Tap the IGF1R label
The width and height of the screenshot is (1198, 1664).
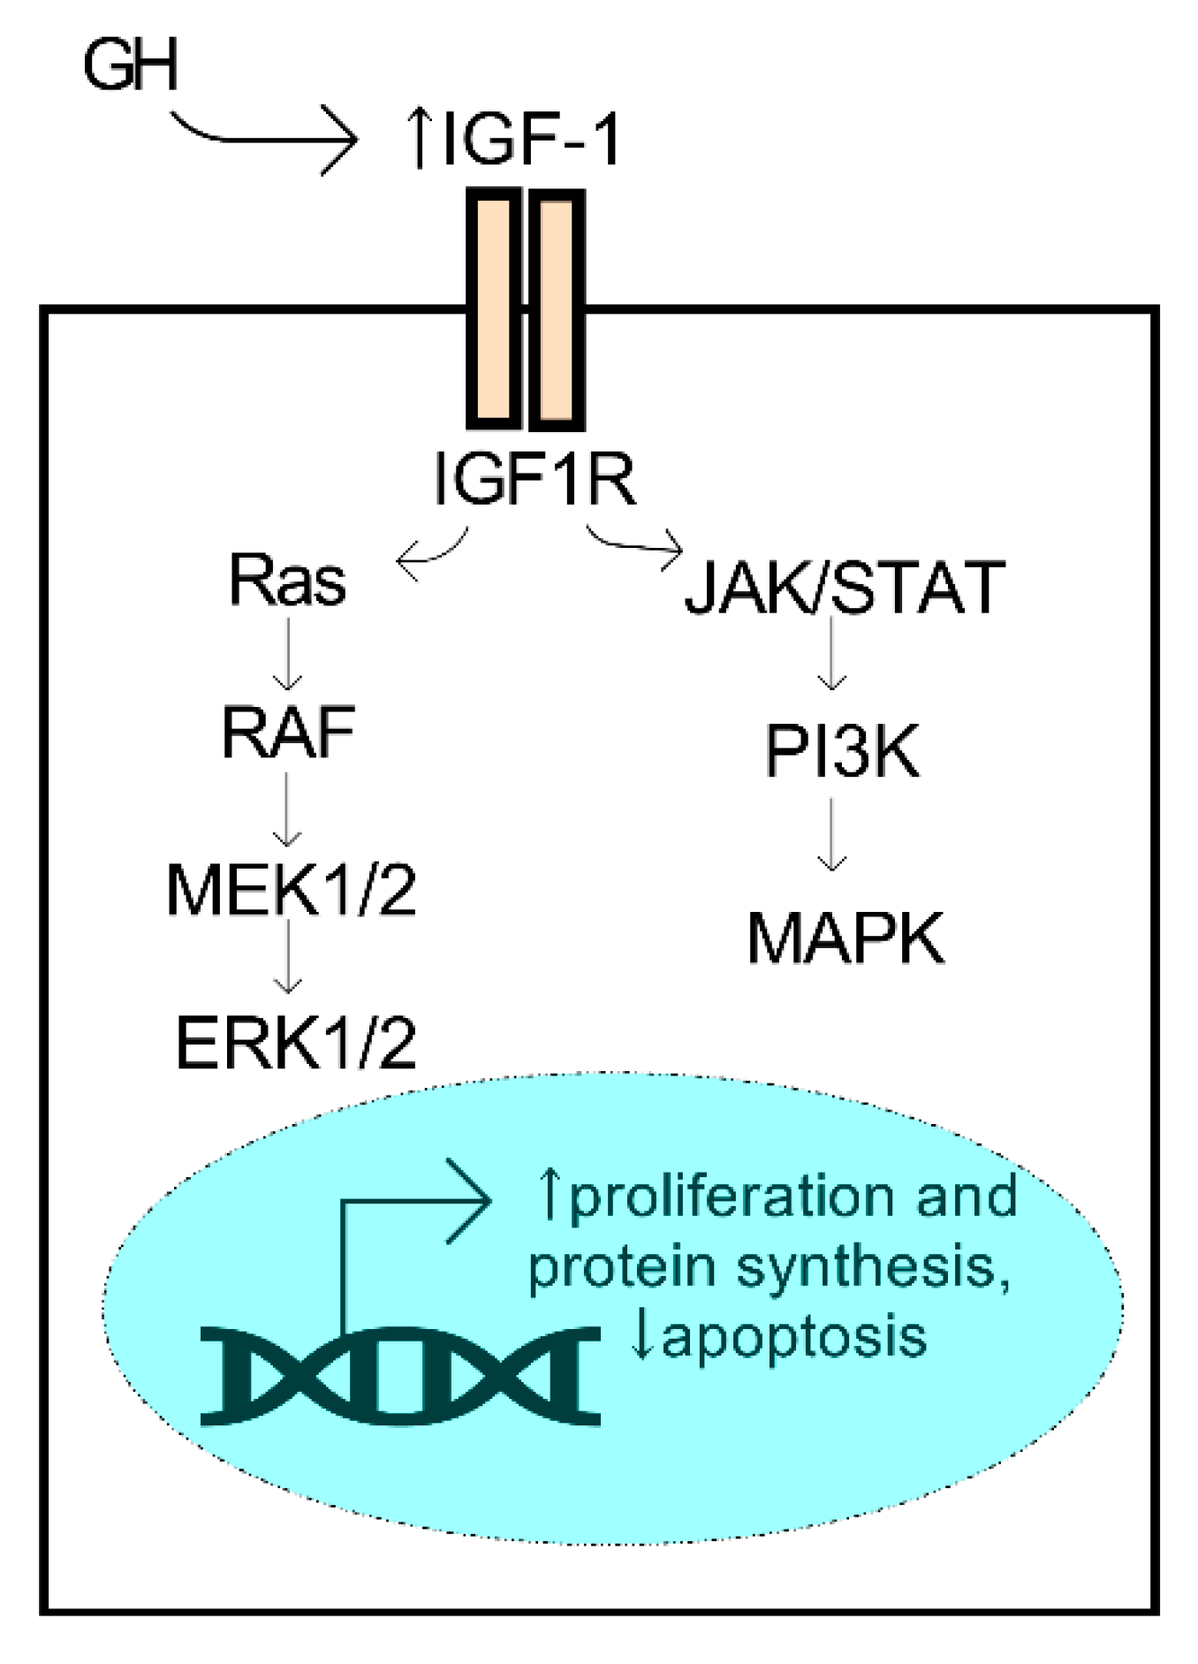[x=535, y=478]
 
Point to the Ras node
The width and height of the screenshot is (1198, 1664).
[x=287, y=581]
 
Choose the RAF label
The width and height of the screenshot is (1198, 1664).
[x=288, y=733]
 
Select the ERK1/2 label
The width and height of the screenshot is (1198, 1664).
[x=295, y=1043]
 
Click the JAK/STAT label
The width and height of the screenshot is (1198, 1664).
[x=845, y=587]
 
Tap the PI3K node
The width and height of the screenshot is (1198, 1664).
[x=841, y=752]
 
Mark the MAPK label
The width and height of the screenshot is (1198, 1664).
[x=845, y=938]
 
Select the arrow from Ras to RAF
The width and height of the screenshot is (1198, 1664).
[x=287, y=654]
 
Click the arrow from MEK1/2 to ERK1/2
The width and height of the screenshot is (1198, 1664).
[x=288, y=958]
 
